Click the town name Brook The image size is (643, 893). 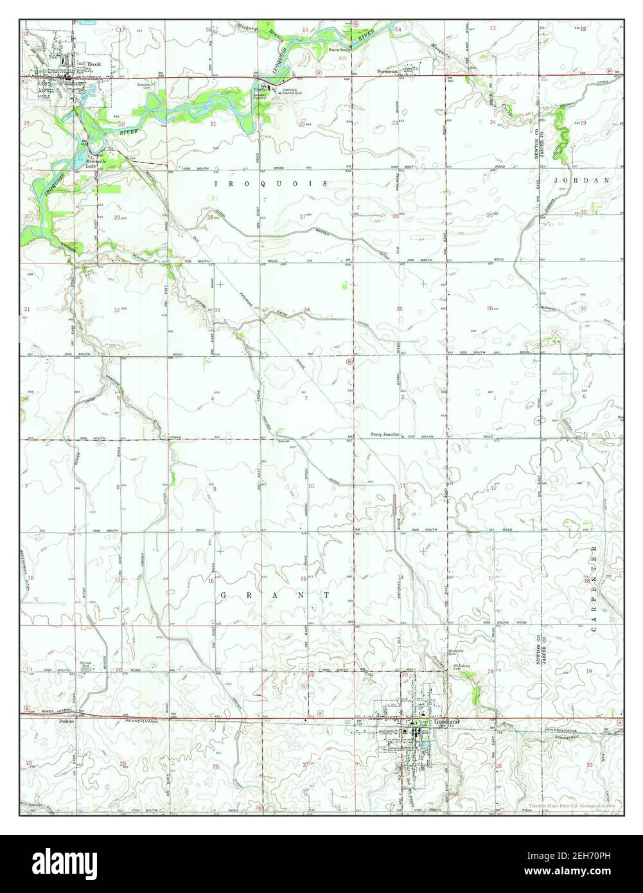(94, 65)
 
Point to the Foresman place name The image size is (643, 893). (388, 71)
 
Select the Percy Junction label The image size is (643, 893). (385, 434)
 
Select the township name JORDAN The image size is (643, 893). (581, 181)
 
